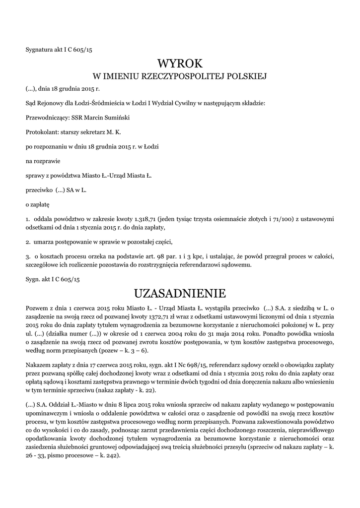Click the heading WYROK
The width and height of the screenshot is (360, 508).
(x=180, y=63)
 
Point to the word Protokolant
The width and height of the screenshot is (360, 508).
(x=41, y=132)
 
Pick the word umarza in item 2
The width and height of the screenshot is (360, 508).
(x=45, y=242)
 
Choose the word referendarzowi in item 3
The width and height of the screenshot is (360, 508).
(x=206, y=265)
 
